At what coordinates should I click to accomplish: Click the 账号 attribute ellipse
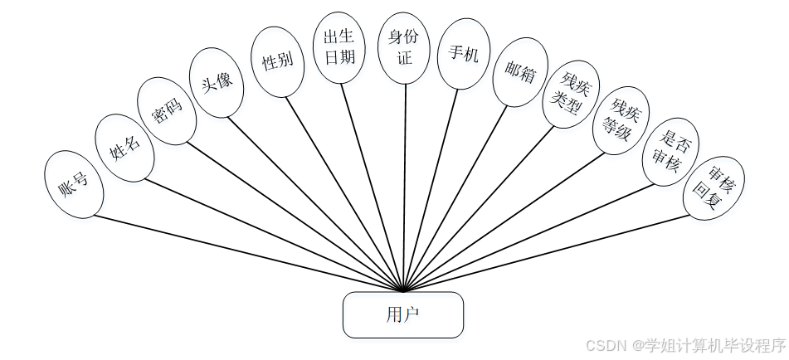74,184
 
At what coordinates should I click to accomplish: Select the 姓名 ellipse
124,148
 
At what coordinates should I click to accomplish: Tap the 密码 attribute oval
168,111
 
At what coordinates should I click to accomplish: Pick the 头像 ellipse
217,82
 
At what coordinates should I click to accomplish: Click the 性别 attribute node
277,61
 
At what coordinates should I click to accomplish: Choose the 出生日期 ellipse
340,48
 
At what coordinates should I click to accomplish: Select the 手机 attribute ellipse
463,54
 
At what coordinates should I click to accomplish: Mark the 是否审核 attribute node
670,151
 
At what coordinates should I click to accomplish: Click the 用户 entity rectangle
403,314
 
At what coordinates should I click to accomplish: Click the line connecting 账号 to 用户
249,254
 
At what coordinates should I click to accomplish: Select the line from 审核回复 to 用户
548,253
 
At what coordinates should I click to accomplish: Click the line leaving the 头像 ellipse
315,203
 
